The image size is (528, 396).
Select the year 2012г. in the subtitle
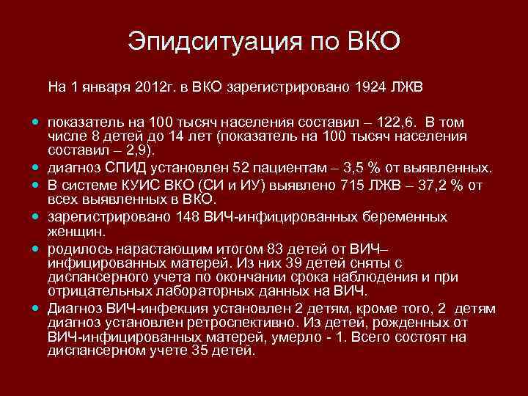point(155,87)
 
